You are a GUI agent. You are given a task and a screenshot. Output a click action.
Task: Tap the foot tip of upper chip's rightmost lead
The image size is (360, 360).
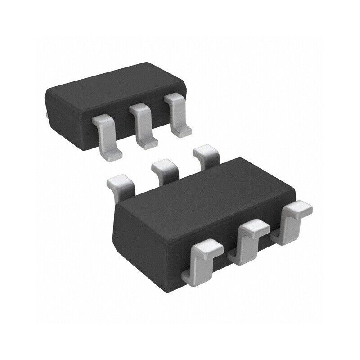(x=183, y=132)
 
